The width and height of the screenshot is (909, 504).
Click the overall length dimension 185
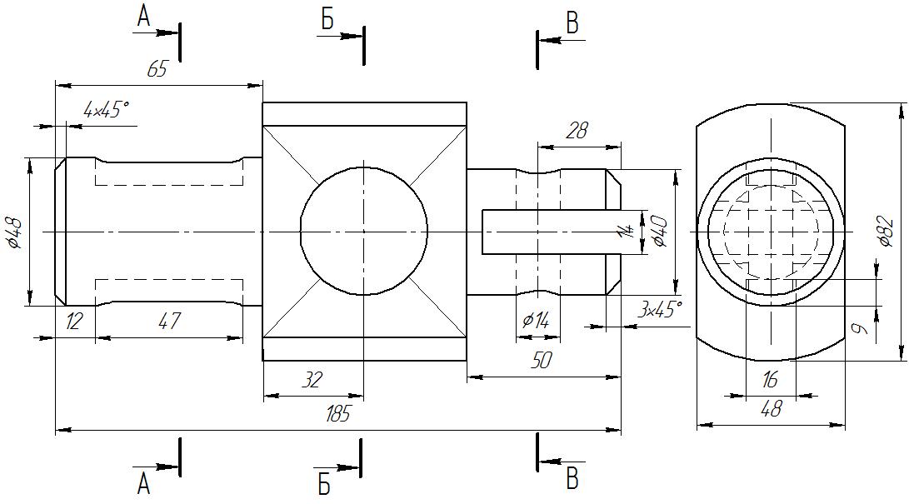click(x=338, y=414)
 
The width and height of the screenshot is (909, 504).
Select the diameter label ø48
click(x=15, y=232)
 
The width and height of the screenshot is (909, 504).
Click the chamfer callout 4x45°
click(x=107, y=109)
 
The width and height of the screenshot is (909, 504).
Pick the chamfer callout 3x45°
click(x=661, y=310)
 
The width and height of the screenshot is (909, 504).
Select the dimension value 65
click(x=157, y=69)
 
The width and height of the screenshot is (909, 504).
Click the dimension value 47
click(x=169, y=321)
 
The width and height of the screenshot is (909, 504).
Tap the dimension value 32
click(x=312, y=380)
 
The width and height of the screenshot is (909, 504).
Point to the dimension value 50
click(x=542, y=361)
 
